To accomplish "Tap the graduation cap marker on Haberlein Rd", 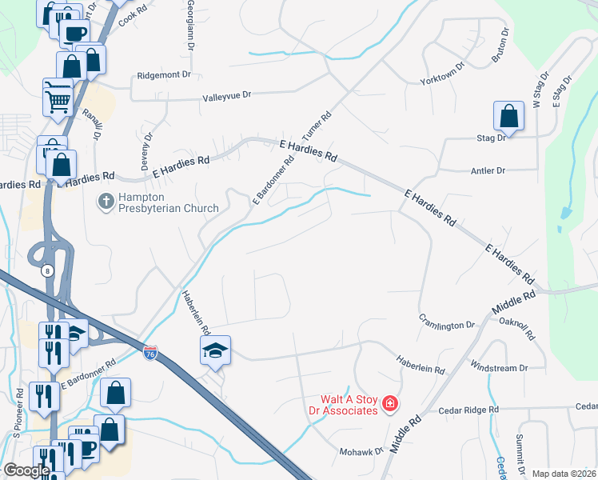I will pyautogui.click(x=215, y=350).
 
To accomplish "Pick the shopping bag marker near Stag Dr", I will pyautogui.click(x=509, y=116).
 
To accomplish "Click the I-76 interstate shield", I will pyautogui.click(x=149, y=352).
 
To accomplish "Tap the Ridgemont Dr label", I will pyautogui.click(x=164, y=74).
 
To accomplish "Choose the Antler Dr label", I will pyautogui.click(x=489, y=170).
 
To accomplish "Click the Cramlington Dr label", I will pyautogui.click(x=447, y=326).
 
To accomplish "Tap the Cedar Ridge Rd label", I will pyautogui.click(x=469, y=410).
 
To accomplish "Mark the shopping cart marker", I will pyautogui.click(x=58, y=100).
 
